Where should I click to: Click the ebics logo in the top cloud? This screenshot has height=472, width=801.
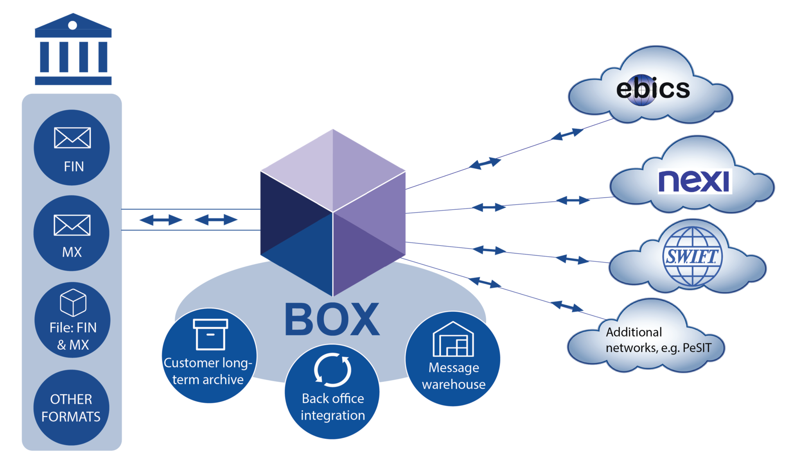653,89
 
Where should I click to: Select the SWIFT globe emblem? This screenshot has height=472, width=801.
692,257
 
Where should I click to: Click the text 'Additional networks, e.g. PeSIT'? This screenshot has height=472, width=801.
658,340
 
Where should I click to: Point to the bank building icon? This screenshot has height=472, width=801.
73,49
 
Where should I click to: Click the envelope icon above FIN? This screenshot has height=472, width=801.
72,138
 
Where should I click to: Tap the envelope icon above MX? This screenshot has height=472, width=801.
72,225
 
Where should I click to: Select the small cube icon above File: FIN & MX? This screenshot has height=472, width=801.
73,302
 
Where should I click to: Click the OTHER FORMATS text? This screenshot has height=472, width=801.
71,408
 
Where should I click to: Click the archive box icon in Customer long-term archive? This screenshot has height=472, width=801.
210,334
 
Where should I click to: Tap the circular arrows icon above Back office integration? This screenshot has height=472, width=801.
332,370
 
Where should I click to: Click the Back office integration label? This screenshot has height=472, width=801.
333,407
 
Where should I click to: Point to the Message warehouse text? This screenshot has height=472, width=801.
454,376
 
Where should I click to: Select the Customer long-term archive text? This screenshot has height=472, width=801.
208,371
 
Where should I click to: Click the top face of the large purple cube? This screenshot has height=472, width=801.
333,170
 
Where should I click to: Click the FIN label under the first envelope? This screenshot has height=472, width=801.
74,167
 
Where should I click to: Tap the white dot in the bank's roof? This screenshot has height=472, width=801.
72,25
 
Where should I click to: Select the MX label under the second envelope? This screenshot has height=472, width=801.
72,252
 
